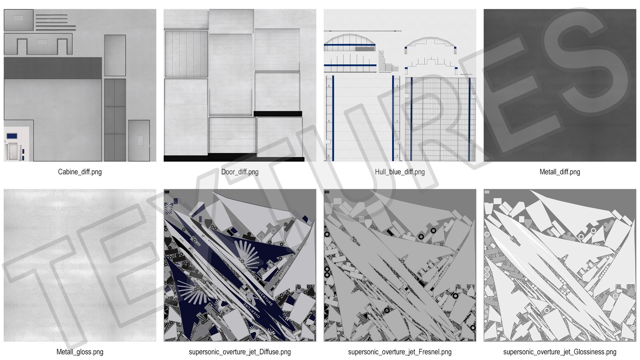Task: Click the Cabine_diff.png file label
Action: pyautogui.click(x=80, y=172)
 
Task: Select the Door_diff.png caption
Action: pyautogui.click(x=240, y=172)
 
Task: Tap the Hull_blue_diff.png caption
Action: pyautogui.click(x=400, y=172)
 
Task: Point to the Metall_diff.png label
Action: pyautogui.click(x=560, y=172)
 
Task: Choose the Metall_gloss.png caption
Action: pyautogui.click(x=80, y=352)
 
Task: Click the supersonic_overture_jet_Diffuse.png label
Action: pyautogui.click(x=240, y=352)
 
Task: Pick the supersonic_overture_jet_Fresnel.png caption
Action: pyautogui.click(x=400, y=352)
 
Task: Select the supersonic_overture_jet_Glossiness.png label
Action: pyautogui.click(x=560, y=352)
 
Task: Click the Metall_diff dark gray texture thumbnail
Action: pyautogui.click(x=560, y=85)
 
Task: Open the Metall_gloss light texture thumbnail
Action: pyautogui.click(x=80, y=265)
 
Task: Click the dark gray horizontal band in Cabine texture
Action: pyautogui.click(x=53, y=68)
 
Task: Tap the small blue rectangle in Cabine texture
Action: pyautogui.click(x=12, y=136)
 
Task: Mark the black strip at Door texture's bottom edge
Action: pyautogui.click(x=234, y=157)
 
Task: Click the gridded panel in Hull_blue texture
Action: pyautogui.click(x=440, y=119)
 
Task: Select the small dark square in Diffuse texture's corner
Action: pyautogui.click(x=167, y=192)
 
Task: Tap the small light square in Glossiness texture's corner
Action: pyautogui.click(x=487, y=192)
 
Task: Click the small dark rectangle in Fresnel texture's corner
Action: pyautogui.click(x=327, y=192)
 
